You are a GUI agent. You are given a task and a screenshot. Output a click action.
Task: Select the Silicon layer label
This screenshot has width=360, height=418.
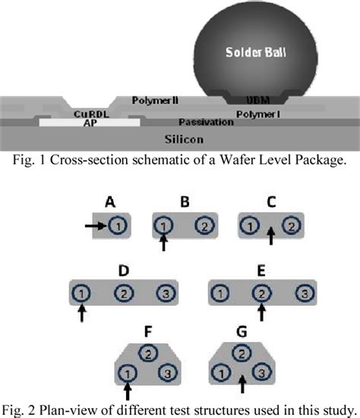[x=181, y=139]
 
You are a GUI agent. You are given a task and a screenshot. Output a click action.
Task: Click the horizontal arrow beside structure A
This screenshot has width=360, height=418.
[x=96, y=225]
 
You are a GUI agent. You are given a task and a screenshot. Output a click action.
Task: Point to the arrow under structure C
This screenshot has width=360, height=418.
[x=270, y=237]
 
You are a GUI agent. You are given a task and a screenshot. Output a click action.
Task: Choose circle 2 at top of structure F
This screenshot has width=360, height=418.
[x=150, y=352]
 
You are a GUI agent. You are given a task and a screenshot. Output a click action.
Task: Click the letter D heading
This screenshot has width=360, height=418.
[x=122, y=269]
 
